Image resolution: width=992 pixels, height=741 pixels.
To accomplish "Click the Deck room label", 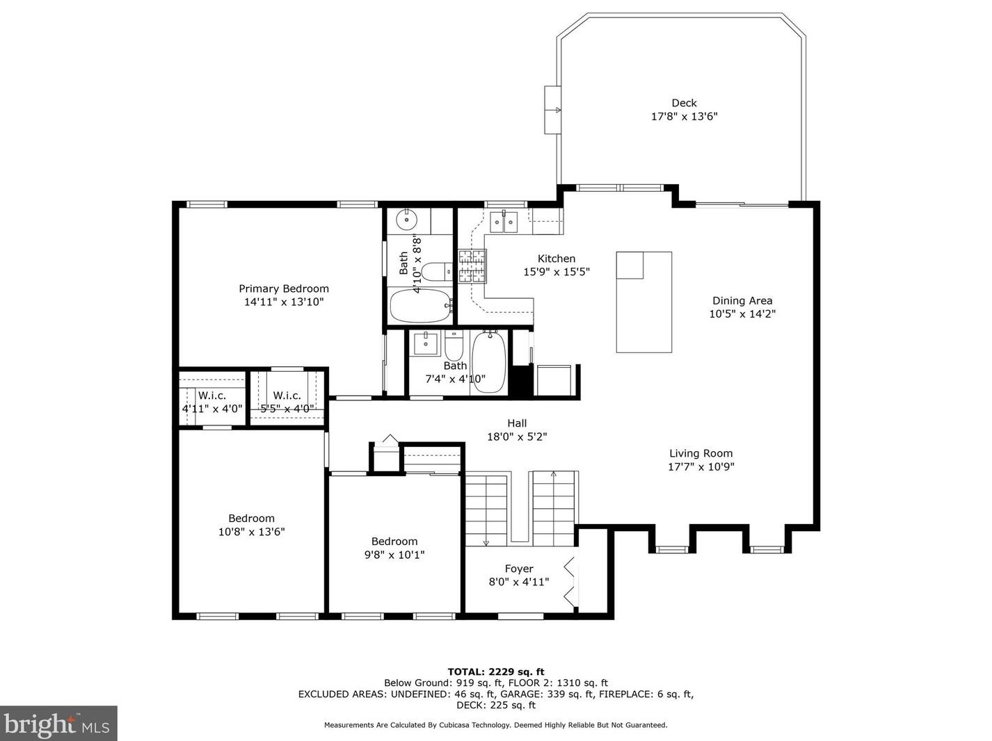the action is click(x=684, y=104).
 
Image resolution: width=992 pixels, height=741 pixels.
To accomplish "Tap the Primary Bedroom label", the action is click(x=284, y=288).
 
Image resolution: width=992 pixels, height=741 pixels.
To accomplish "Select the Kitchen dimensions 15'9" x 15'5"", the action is click(x=557, y=272).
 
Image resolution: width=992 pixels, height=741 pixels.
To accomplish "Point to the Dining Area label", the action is click(x=742, y=301).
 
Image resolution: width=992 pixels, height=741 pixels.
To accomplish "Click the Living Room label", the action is click(x=701, y=453).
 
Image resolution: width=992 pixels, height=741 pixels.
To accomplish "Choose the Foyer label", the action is click(x=519, y=569).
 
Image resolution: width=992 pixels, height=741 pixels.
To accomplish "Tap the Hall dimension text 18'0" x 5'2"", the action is click(x=517, y=437).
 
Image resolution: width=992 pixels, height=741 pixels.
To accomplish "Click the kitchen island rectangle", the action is click(x=644, y=302).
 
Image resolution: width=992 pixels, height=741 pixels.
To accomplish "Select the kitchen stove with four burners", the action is click(x=473, y=266).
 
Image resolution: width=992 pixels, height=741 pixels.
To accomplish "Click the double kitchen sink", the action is click(x=504, y=222).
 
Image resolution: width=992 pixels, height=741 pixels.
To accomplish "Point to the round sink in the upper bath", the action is click(x=407, y=220).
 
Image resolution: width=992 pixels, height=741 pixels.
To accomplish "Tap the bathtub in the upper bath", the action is click(x=421, y=306).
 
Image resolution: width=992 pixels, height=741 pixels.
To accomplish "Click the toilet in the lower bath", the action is click(x=454, y=345).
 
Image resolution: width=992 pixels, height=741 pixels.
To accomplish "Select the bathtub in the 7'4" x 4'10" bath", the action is click(x=489, y=362).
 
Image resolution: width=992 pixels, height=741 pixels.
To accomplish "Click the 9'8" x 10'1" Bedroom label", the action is click(x=394, y=541).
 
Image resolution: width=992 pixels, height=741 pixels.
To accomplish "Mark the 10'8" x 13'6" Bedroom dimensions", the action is click(x=252, y=532).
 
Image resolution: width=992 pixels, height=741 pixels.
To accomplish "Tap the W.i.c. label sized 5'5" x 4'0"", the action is click(x=287, y=396).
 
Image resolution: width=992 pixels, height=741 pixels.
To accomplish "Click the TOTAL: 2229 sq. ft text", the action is click(x=496, y=671).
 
